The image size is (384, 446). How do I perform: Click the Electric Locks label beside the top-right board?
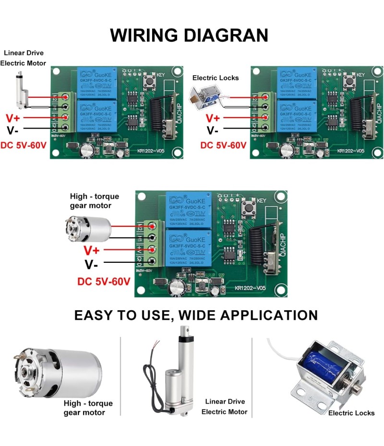[x=216, y=78]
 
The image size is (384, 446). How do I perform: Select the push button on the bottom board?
[x=249, y=208]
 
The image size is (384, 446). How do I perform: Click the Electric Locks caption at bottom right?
[x=351, y=413]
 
